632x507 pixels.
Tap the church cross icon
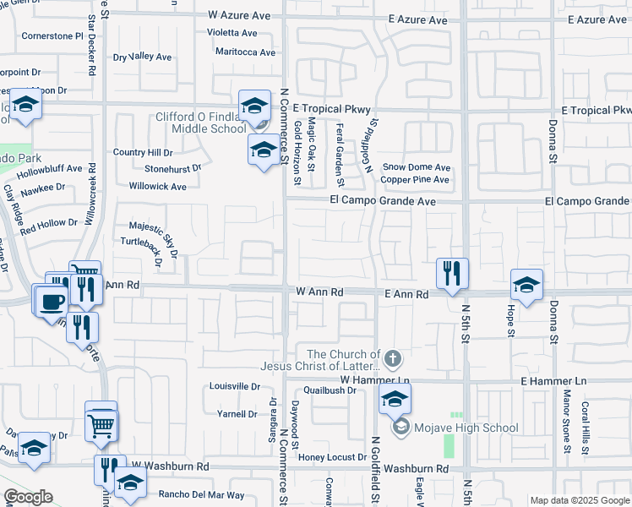point(392,360)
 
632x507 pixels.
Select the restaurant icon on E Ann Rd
point(451,272)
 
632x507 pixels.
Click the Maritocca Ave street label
point(245,52)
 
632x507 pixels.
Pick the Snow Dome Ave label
point(416,167)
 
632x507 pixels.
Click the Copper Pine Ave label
point(415,180)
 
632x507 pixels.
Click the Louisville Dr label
point(234,386)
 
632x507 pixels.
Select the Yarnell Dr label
point(237,414)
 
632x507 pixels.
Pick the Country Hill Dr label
point(143,153)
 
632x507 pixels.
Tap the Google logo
point(27,497)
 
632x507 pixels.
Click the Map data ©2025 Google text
point(579,500)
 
